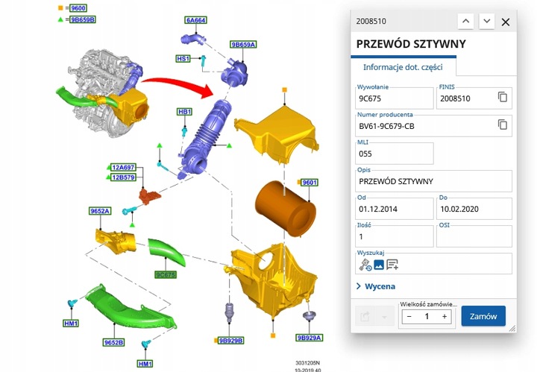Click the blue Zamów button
click(483, 316)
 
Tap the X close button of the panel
click(506, 22)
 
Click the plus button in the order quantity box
click(445, 317)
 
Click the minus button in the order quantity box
click(408, 317)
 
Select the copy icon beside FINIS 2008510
click(503, 98)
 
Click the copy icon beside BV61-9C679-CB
click(503, 125)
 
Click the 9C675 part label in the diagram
click(165, 274)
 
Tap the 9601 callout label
click(309, 183)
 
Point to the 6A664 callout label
click(196, 20)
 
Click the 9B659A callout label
click(243, 45)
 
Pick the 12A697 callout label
click(123, 168)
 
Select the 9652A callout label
click(101, 212)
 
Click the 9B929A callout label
click(309, 338)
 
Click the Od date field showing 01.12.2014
click(393, 209)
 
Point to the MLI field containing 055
click(394, 154)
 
